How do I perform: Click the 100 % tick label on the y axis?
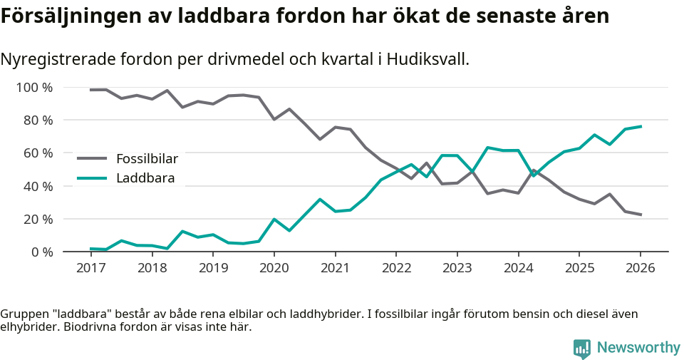(x=34, y=88)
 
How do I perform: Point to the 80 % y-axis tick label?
(x=38, y=120)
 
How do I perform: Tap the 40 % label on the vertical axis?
(x=38, y=186)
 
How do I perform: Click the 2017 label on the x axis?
(x=90, y=268)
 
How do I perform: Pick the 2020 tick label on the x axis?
(x=274, y=268)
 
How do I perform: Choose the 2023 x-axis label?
(x=457, y=268)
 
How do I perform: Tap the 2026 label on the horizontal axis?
(x=640, y=268)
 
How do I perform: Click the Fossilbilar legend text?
(x=147, y=158)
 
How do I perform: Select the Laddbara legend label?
(x=145, y=178)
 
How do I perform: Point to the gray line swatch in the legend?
(x=92, y=158)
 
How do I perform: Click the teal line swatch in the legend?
(x=92, y=178)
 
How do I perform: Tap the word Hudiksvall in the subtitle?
(x=429, y=59)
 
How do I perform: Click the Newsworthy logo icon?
(x=581, y=349)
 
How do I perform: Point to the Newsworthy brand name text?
(x=638, y=348)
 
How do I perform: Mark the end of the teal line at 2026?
(x=641, y=126)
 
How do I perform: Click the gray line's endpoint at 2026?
(x=641, y=215)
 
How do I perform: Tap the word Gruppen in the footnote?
(x=22, y=314)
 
